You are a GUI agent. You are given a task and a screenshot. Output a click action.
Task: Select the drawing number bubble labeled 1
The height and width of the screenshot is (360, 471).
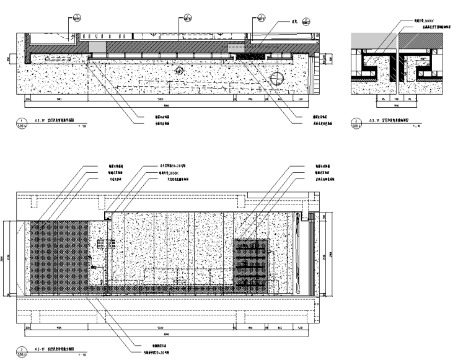[x=22, y=122]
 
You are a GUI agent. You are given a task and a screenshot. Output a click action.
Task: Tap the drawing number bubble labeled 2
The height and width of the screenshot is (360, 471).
[x=356, y=122]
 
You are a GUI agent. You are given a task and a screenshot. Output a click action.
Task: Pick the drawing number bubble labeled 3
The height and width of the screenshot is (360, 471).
[x=22, y=349]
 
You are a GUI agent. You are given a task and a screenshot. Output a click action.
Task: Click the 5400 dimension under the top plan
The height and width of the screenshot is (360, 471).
[x=159, y=99]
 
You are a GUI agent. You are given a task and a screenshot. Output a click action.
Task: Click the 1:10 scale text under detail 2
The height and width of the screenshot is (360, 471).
[x=416, y=126]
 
